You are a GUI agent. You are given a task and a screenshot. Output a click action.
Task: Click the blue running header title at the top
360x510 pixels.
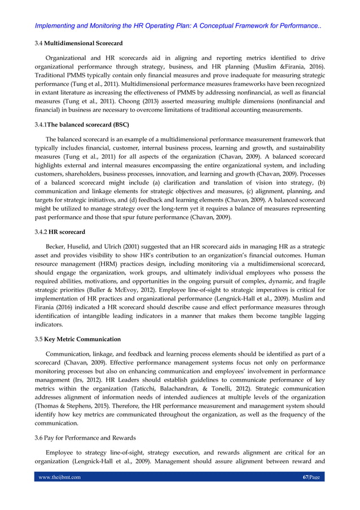178,26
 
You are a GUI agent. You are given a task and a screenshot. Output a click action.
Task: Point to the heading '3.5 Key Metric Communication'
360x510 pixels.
78,339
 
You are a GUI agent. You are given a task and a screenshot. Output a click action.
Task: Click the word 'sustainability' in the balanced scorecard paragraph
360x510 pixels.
306,148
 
